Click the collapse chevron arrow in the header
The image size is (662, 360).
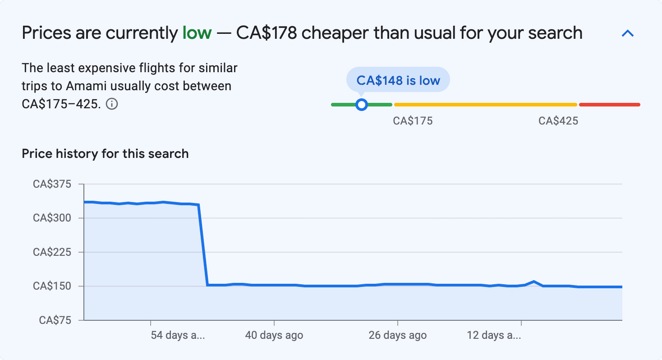pyautogui.click(x=628, y=33)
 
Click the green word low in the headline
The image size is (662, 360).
pyautogui.click(x=197, y=33)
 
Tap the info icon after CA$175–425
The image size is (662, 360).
pyautogui.click(x=112, y=104)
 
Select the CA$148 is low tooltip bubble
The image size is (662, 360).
pyautogui.click(x=398, y=80)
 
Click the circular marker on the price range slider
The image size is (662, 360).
pyautogui.click(x=361, y=105)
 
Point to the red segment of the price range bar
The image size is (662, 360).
pyautogui.click(x=609, y=105)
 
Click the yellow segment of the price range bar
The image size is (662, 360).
pyautogui.click(x=485, y=105)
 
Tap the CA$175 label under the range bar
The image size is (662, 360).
pyautogui.click(x=413, y=121)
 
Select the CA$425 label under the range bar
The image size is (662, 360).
pyautogui.click(x=558, y=121)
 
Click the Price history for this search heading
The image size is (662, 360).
pyautogui.click(x=105, y=154)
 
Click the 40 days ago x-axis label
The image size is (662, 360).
pyautogui.click(x=274, y=335)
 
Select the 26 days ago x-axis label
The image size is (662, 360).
pyautogui.click(x=397, y=335)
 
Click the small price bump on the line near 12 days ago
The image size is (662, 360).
pyautogui.click(x=534, y=282)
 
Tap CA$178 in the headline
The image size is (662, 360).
pyautogui.click(x=267, y=33)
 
